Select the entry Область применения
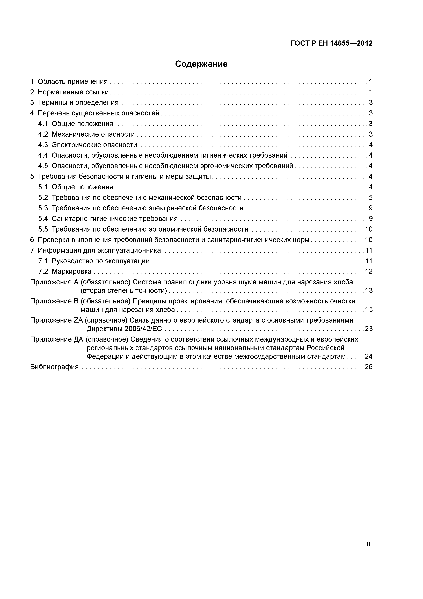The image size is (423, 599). (x=72, y=82)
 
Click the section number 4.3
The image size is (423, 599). (x=43, y=145)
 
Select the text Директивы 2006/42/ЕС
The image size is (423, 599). (x=124, y=329)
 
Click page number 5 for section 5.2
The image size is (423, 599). (x=370, y=198)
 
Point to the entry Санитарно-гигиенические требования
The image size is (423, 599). (x=115, y=219)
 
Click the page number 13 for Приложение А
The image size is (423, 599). (x=369, y=290)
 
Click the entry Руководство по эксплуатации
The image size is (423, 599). (x=101, y=261)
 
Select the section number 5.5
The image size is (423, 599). (x=43, y=229)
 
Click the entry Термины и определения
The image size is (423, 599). (x=78, y=102)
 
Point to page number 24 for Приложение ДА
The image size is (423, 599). (x=369, y=356)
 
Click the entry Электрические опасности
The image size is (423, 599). (x=94, y=145)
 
